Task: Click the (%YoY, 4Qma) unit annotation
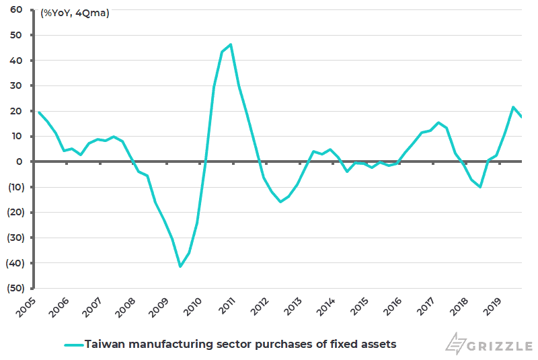75,13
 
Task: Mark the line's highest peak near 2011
231,44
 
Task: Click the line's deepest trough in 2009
180,266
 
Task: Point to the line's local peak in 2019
513,107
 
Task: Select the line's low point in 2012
280,202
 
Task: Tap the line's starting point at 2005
38,112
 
